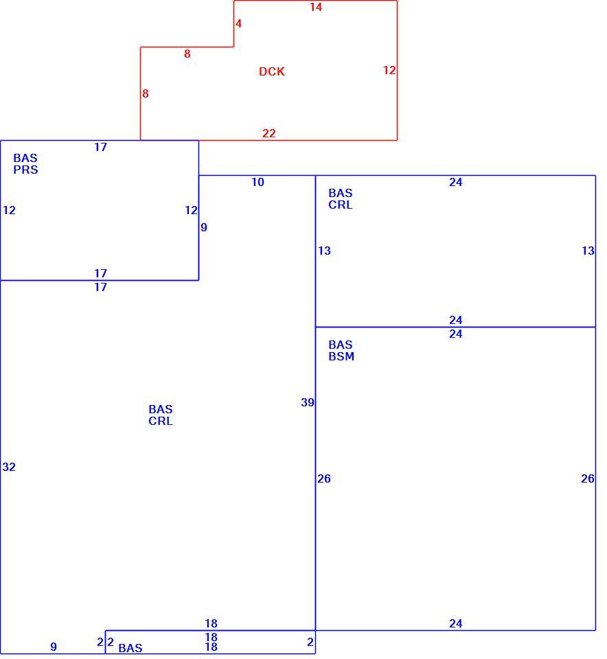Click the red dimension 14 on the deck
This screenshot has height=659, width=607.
coord(316,7)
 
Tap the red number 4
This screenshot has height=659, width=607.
coord(238,23)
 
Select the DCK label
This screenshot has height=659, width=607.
coord(271,71)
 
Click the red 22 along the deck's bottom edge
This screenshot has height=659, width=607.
coord(269,133)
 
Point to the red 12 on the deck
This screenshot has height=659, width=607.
coord(389,70)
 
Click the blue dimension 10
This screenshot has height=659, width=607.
coord(257,182)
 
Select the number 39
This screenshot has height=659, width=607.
coord(308,402)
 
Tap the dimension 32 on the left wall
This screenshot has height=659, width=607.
coord(9,467)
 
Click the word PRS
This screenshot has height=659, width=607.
coord(25,170)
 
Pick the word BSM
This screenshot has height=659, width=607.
coord(341,356)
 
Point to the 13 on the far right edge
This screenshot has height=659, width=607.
coord(588,251)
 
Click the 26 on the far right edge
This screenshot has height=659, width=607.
coord(588,478)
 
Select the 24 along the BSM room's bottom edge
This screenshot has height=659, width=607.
coord(456,623)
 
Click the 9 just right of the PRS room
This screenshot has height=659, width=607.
coord(204,227)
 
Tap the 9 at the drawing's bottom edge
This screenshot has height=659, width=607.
coord(54,647)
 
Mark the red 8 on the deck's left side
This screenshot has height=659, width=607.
coord(145,94)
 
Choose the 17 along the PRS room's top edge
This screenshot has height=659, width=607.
coord(100,147)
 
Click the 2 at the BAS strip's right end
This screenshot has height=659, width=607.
coord(310,643)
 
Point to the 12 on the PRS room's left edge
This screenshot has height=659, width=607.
coord(9,210)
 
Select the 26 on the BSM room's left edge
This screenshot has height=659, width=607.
coord(324,478)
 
